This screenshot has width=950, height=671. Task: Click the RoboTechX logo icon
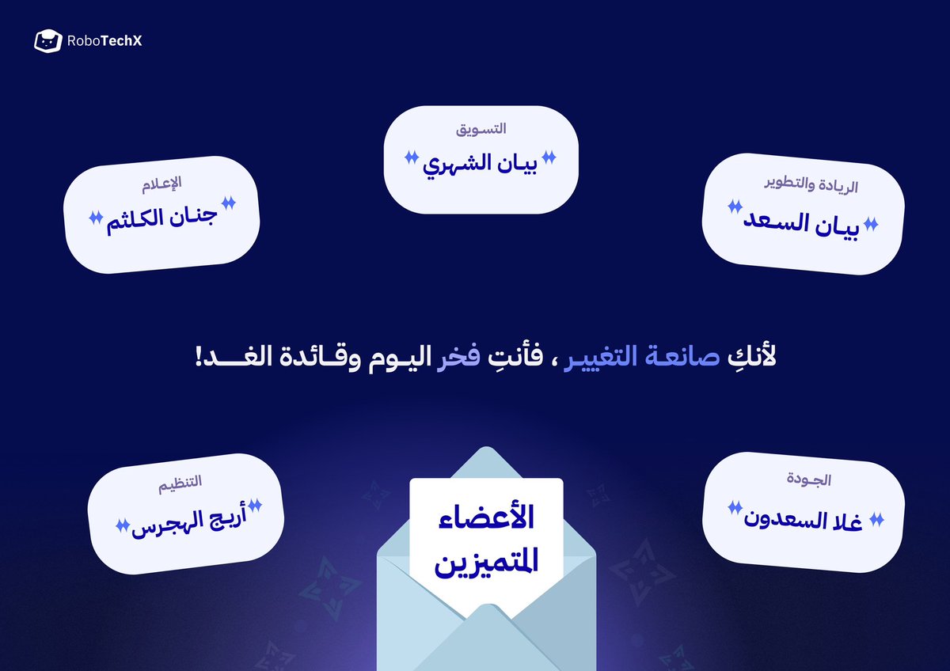[x=47, y=41]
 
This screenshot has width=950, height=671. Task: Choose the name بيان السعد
[x=802, y=222]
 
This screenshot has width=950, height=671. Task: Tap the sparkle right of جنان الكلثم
[x=228, y=203]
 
